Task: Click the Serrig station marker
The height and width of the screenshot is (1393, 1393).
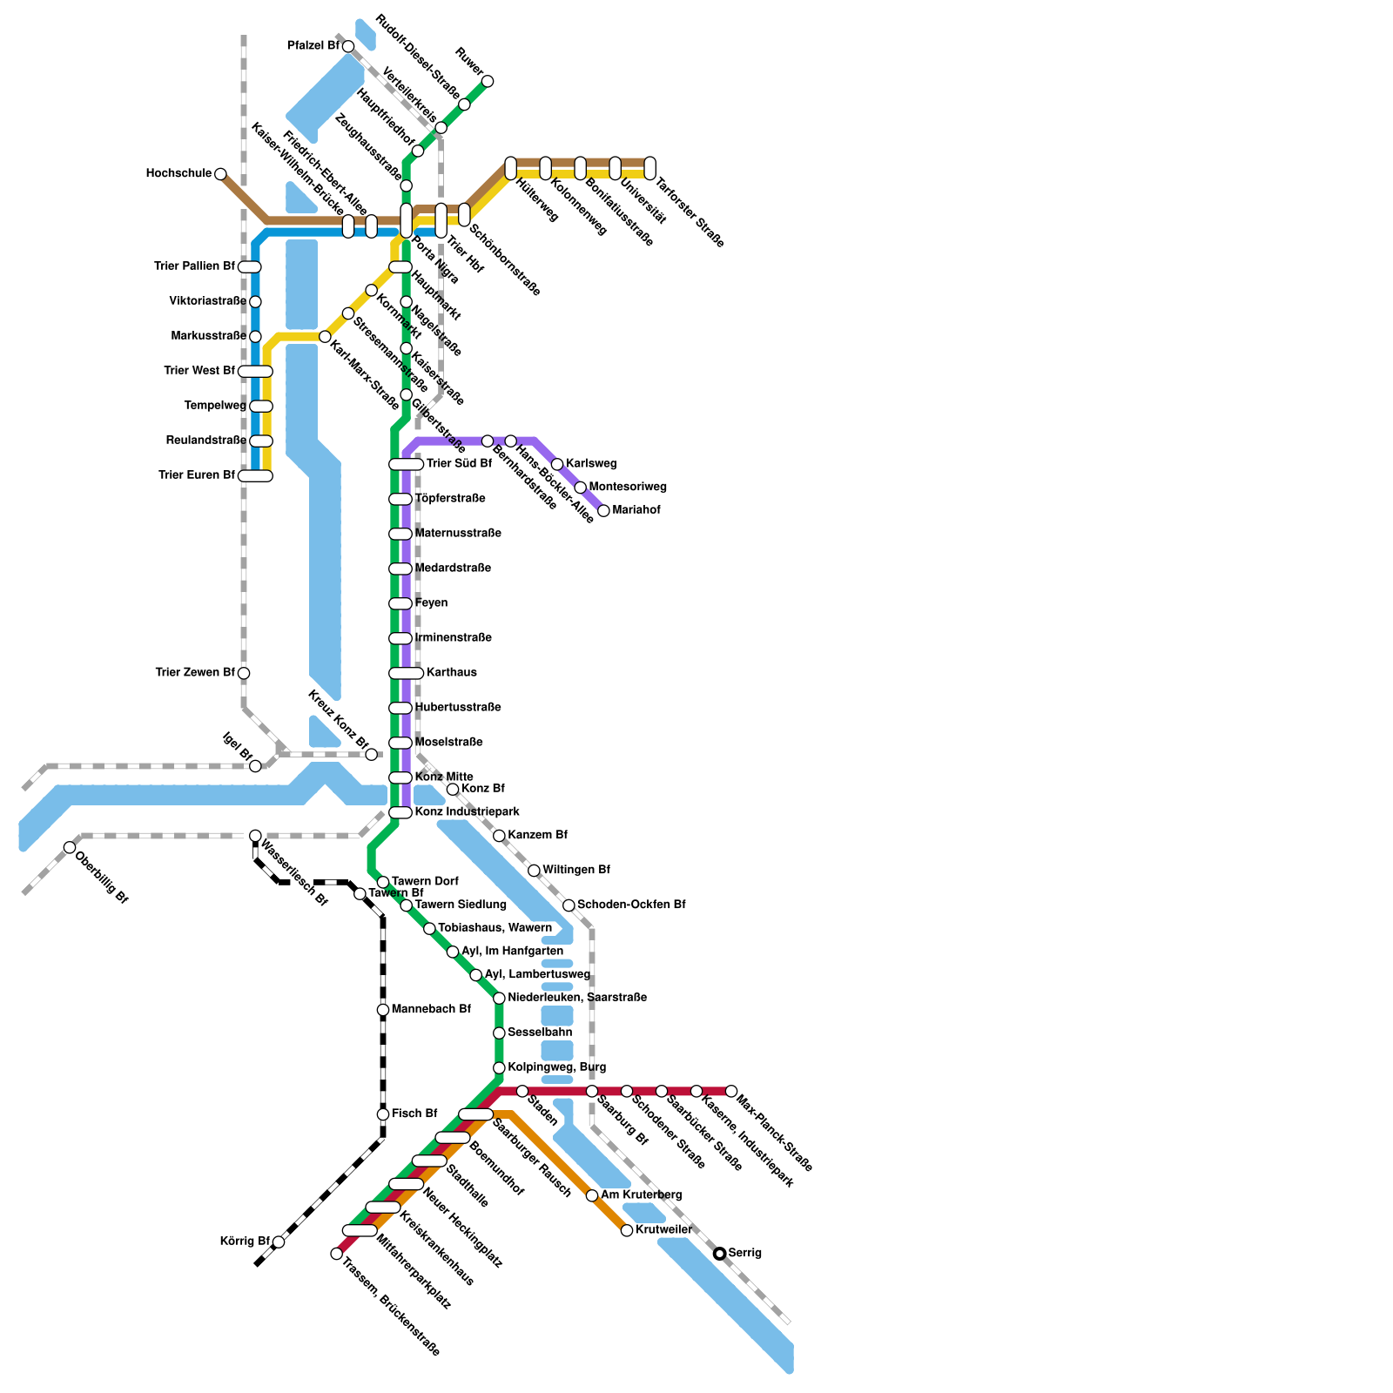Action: [x=719, y=1253]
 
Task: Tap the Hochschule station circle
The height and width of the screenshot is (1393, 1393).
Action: [x=220, y=174]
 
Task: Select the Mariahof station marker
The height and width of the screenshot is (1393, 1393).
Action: [x=603, y=510]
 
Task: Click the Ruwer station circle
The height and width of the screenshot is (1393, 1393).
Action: [x=488, y=81]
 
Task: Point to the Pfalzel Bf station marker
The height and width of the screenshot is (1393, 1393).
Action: [x=348, y=46]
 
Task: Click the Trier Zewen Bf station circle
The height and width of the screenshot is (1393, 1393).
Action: [x=244, y=673]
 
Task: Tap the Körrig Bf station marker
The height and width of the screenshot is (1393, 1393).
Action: [x=279, y=1242]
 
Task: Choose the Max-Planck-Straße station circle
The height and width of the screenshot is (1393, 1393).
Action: [x=731, y=1091]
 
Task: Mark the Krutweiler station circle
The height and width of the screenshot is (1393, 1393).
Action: [x=627, y=1230]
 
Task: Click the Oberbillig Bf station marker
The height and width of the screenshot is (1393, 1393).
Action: [x=70, y=847]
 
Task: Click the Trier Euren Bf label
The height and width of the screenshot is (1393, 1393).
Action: [x=197, y=475]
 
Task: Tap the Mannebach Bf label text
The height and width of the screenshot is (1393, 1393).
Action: [x=431, y=1009]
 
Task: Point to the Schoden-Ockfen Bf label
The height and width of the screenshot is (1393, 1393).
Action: [x=631, y=905]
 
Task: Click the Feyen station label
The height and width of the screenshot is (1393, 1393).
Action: [x=431, y=602]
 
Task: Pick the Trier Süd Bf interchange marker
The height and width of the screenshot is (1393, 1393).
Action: [x=406, y=464]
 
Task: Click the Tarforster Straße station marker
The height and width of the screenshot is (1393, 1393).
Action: [x=649, y=168]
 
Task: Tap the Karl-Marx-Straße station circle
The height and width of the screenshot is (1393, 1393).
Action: [x=325, y=336]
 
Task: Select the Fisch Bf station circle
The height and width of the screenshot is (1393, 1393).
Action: [x=383, y=1114]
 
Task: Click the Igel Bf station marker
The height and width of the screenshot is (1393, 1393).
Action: [x=255, y=766]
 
